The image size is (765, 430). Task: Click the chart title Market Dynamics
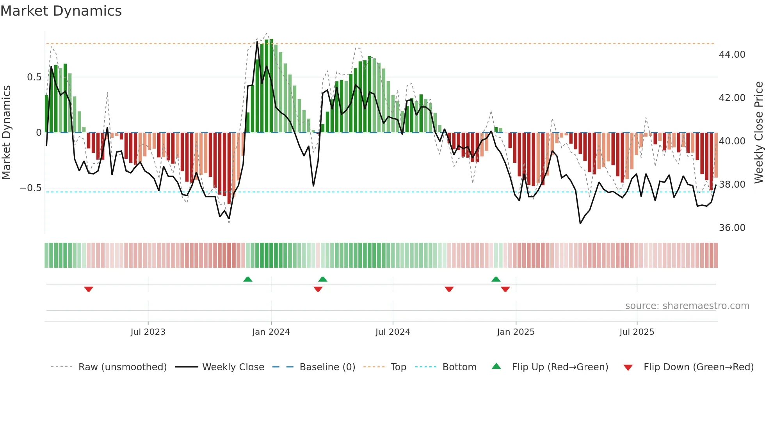coord(61,11)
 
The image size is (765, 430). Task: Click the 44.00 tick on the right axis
coord(732,55)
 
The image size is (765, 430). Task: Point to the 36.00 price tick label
coord(732,228)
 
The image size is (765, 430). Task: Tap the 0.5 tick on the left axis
coord(34,77)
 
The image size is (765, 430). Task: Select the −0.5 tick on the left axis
coord(31,188)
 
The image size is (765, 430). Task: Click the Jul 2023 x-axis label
coord(148,332)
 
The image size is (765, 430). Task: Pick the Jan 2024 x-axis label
coord(271,332)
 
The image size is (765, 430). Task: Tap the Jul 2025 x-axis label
coord(637,332)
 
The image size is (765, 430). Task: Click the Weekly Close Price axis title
coord(758,133)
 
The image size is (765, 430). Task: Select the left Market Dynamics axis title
coord(6,133)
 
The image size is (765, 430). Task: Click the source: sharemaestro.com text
coord(687,306)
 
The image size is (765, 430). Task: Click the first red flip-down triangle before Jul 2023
coord(89,289)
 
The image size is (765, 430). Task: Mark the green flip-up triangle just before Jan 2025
coord(496,279)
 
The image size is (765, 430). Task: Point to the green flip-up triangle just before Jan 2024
coord(247,279)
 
